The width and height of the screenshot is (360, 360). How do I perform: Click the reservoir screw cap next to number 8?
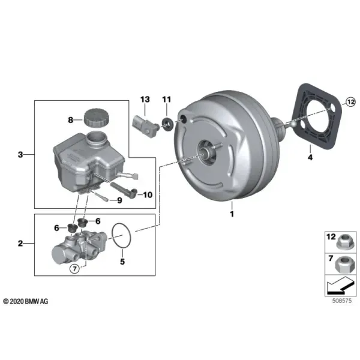(96, 118)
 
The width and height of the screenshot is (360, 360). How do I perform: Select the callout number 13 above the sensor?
(145, 100)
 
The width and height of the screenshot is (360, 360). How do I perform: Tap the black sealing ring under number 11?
(167, 124)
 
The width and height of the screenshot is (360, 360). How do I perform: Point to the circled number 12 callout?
(350, 102)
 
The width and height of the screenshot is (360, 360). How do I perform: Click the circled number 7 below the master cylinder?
(74, 269)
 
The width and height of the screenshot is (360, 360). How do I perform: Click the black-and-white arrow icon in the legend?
(340, 285)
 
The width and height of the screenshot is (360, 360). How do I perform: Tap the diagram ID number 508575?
(342, 301)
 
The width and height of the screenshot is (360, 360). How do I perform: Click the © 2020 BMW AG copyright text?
(26, 301)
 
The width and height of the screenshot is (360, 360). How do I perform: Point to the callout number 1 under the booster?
(232, 214)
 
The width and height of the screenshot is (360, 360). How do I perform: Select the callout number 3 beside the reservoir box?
(20, 155)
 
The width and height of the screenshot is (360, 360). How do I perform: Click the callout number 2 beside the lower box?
(20, 244)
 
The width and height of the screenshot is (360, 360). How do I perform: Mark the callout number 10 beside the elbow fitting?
(148, 195)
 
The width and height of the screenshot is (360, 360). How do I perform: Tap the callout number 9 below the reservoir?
(119, 200)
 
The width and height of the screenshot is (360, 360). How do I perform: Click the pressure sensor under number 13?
(146, 127)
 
